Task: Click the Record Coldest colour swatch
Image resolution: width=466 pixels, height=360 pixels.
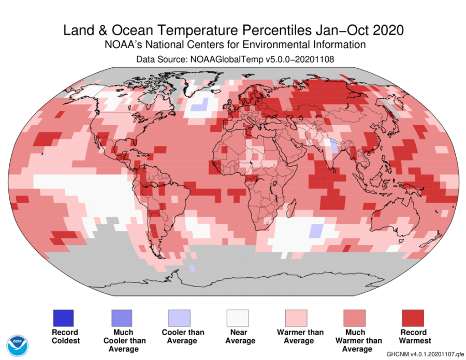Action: pos(63,318)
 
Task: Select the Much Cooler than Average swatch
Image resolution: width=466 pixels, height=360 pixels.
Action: pos(121,318)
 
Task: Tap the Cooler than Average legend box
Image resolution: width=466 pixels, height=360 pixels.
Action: pos(179,318)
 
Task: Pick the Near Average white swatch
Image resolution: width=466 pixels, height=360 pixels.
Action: pos(238,318)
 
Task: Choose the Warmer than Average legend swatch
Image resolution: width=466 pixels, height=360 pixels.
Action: pos(296,318)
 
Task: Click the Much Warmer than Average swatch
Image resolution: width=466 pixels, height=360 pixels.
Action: pos(355,318)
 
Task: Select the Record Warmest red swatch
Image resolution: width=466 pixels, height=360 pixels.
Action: pos(413,318)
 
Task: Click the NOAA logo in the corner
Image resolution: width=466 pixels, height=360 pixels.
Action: pos(18,344)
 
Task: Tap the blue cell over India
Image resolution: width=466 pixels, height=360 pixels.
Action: pos(334,147)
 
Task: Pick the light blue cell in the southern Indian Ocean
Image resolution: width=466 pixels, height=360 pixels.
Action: pos(316,231)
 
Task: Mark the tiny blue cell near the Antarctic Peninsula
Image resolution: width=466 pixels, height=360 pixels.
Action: pos(192,268)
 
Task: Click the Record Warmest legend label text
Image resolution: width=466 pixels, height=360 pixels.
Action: pos(413,336)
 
